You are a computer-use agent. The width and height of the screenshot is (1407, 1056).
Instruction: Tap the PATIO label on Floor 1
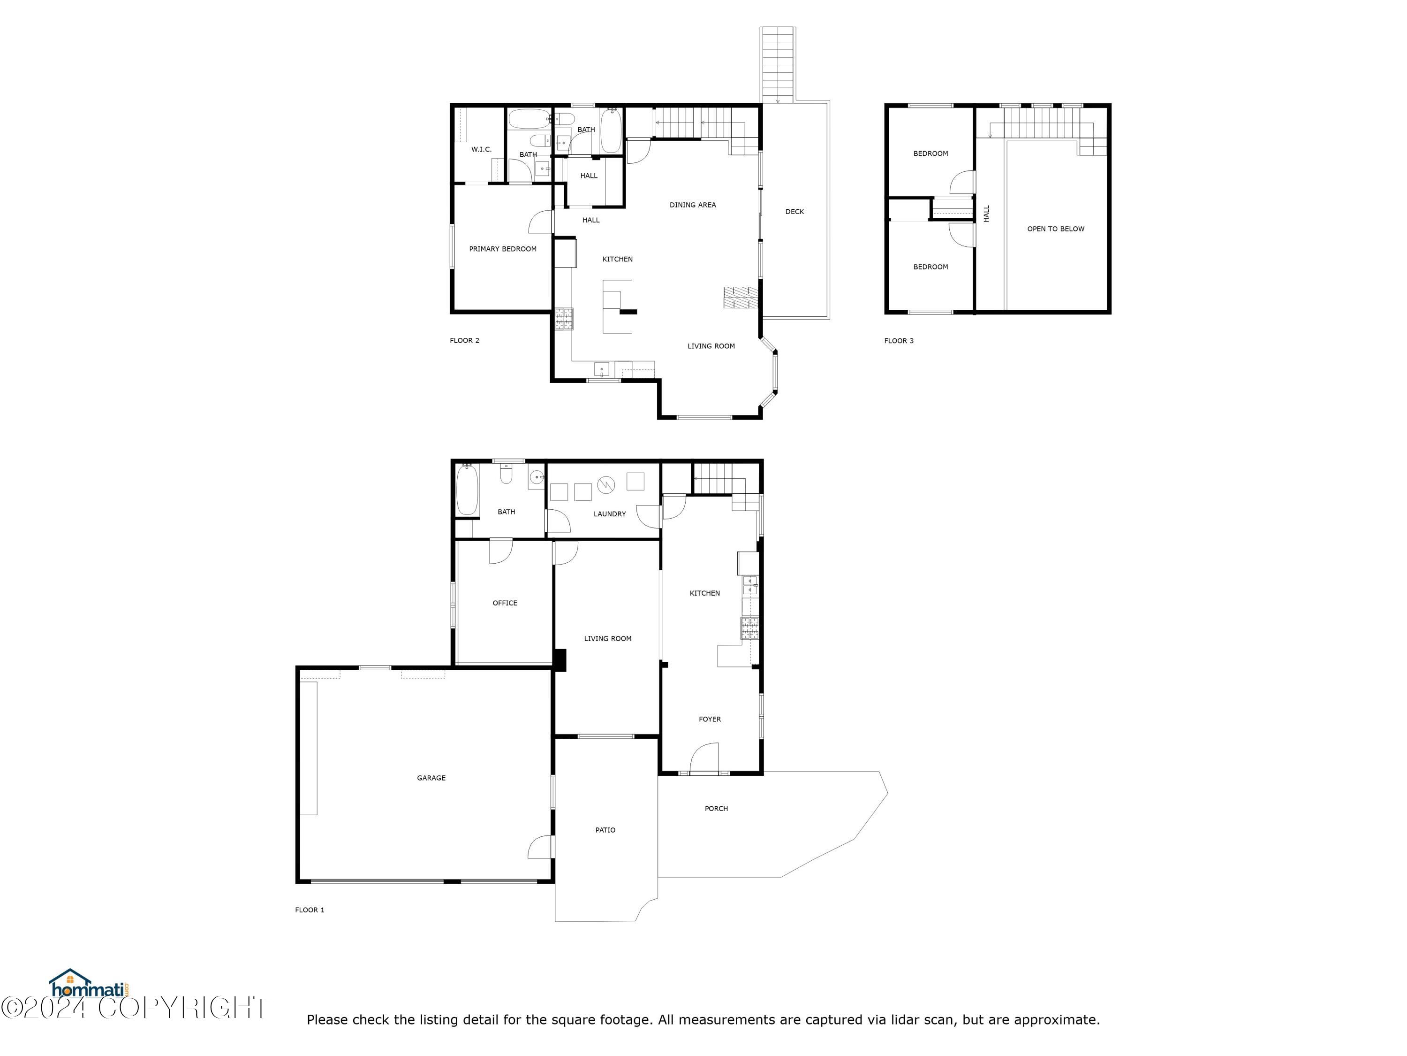point(605,830)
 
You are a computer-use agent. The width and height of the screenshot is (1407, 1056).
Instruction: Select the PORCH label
point(716,808)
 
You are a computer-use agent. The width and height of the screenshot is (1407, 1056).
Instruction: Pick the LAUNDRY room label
point(609,513)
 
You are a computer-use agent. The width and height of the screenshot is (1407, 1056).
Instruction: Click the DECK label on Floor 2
point(794,211)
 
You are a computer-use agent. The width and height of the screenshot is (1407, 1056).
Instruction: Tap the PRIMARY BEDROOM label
point(502,249)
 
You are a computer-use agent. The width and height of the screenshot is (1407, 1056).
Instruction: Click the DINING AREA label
point(692,205)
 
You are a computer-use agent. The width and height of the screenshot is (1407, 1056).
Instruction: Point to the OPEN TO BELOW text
point(1055,229)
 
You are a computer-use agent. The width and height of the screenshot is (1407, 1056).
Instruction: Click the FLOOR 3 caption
point(898,341)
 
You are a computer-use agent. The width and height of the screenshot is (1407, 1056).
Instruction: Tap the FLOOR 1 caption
point(309,910)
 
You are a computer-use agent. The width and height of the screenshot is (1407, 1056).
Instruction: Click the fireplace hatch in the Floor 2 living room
point(741,297)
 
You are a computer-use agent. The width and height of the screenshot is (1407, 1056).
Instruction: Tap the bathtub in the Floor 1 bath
point(466,490)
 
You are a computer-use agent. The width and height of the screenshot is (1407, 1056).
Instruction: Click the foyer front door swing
point(703,758)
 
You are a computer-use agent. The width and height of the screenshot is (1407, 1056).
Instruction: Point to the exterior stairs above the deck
point(777,64)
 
